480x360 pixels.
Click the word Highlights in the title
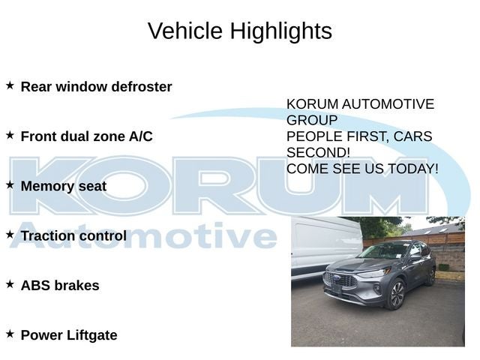[281, 31]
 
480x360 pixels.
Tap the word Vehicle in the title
[185, 31]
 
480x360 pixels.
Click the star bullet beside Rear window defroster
[10, 85]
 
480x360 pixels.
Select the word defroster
[142, 87]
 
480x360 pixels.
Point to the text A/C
[140, 136]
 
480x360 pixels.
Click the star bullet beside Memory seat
[10, 185]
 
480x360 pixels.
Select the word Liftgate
[91, 335]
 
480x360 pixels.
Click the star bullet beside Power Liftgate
[10, 334]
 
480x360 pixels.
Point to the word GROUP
[312, 120]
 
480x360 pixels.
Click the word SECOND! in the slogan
[318, 152]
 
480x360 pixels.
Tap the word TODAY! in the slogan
[413, 169]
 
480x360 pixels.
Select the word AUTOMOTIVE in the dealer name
[388, 104]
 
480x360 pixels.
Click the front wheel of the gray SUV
[397, 295]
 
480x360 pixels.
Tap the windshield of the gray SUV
[383, 251]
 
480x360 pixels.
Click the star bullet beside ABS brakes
[10, 284]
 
